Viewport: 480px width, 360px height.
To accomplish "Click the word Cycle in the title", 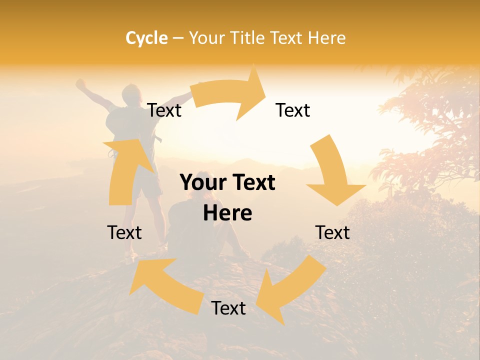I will (x=146, y=38).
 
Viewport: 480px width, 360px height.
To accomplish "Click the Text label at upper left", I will (x=164, y=110).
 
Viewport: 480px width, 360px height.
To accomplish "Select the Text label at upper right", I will (x=293, y=110).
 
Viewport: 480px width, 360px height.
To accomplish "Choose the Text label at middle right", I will (x=332, y=232).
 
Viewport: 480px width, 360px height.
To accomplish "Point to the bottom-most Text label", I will (x=228, y=308).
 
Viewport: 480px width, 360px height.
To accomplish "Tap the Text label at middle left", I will (x=124, y=232).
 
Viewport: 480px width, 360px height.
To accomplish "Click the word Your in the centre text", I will (x=198, y=183).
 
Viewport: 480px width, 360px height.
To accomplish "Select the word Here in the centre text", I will (x=227, y=213).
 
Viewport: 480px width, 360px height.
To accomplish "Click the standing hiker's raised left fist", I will (x=80, y=83).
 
